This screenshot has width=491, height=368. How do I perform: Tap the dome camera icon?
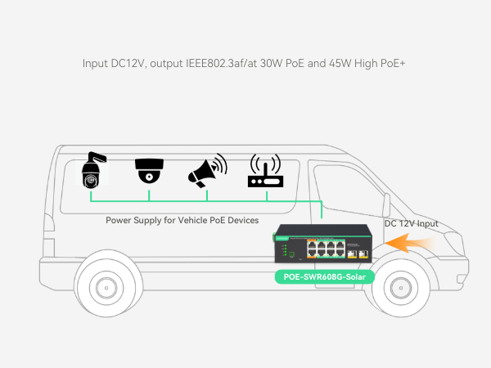[x=149, y=171]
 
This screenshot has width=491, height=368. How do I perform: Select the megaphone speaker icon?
[x=207, y=171]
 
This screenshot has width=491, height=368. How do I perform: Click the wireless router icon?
[x=265, y=171]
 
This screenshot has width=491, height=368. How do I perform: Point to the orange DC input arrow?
[x=410, y=243]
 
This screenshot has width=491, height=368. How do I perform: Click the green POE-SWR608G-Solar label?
[x=324, y=277]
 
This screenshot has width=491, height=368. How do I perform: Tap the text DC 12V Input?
[x=411, y=223]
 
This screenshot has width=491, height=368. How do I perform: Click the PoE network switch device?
[x=323, y=244]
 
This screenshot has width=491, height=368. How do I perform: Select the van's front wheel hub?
[x=401, y=288]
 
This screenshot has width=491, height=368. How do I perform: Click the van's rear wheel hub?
[x=106, y=288]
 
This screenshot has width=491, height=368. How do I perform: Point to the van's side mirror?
[x=386, y=205]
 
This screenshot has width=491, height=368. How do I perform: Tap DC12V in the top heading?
[x=128, y=63]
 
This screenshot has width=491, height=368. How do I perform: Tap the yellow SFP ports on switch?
[x=358, y=254]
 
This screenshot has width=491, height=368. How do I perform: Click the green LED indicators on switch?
[x=286, y=250]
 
